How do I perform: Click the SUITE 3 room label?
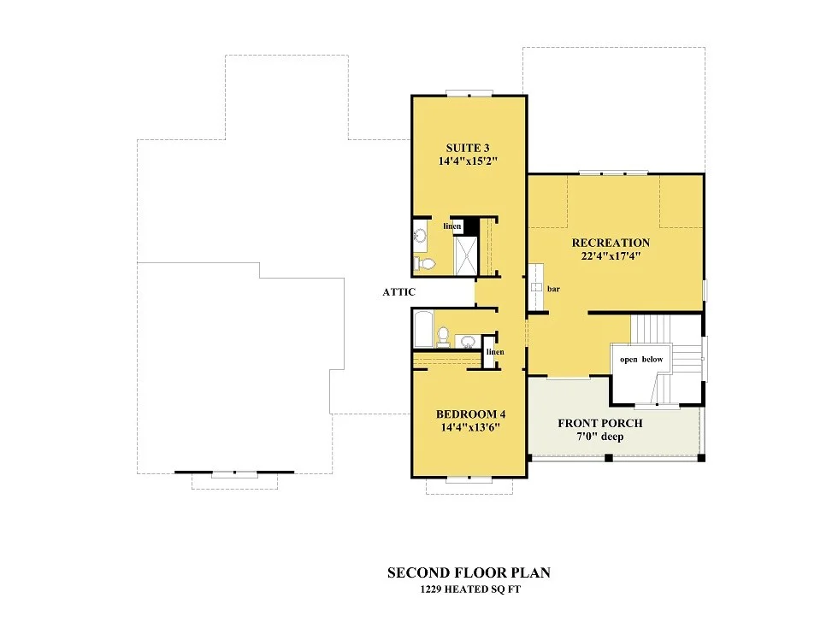pyautogui.click(x=468, y=148)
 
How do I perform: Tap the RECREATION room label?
pyautogui.click(x=611, y=243)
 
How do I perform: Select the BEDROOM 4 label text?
pyautogui.click(x=470, y=414)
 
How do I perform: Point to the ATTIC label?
pyautogui.click(x=398, y=292)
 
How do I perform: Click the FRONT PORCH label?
pyautogui.click(x=600, y=423)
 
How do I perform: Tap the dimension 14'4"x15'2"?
pyautogui.click(x=469, y=161)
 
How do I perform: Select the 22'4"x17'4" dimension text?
pyautogui.click(x=611, y=255)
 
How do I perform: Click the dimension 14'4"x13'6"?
pyautogui.click(x=470, y=427)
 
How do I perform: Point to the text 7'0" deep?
pyautogui.click(x=599, y=437)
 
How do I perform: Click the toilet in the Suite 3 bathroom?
pyautogui.click(x=425, y=263)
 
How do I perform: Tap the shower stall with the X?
pyautogui.click(x=465, y=255)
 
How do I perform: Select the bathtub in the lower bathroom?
pyautogui.click(x=423, y=330)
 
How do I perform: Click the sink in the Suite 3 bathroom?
pyautogui.click(x=421, y=236)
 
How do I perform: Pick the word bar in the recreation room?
pyautogui.click(x=554, y=289)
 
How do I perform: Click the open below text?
pyautogui.click(x=641, y=360)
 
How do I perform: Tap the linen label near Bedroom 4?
pyautogui.click(x=495, y=352)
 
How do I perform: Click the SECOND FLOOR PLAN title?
pyautogui.click(x=469, y=572)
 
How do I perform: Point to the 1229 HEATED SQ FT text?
pyautogui.click(x=470, y=590)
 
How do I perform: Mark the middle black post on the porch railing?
pyautogui.click(x=608, y=458)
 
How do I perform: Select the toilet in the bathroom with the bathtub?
pyautogui.click(x=443, y=337)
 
